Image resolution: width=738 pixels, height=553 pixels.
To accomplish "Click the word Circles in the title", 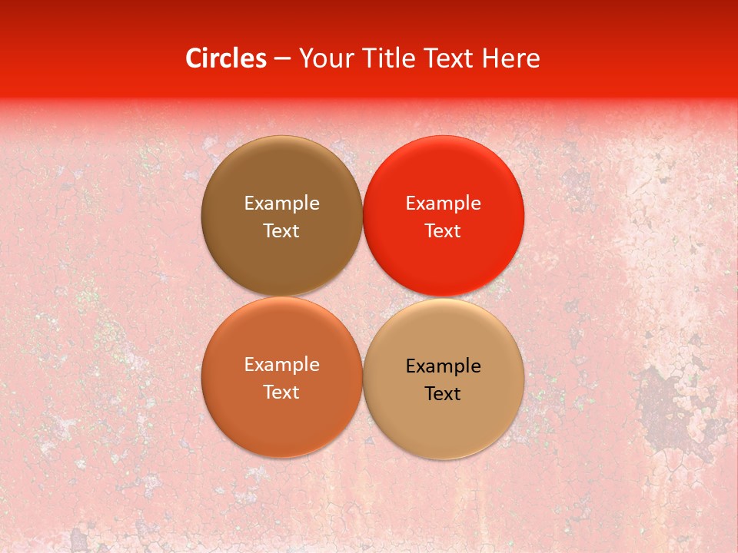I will [x=226, y=58].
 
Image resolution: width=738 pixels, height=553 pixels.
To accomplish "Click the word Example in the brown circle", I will [x=281, y=203].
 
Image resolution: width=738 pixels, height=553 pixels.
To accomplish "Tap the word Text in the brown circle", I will [x=281, y=230].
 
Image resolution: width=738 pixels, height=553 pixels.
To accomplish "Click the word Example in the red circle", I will [x=444, y=203].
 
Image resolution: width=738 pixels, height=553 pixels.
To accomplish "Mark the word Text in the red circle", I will [x=444, y=230].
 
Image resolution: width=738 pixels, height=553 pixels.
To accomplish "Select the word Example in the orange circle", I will [x=281, y=364].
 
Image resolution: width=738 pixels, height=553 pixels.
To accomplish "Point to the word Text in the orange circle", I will [x=281, y=392].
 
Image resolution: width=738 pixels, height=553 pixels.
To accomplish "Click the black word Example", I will [x=444, y=366].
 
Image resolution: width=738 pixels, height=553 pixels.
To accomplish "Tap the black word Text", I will [x=444, y=393].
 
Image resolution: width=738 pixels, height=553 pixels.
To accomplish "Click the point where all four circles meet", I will [x=363, y=296].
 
